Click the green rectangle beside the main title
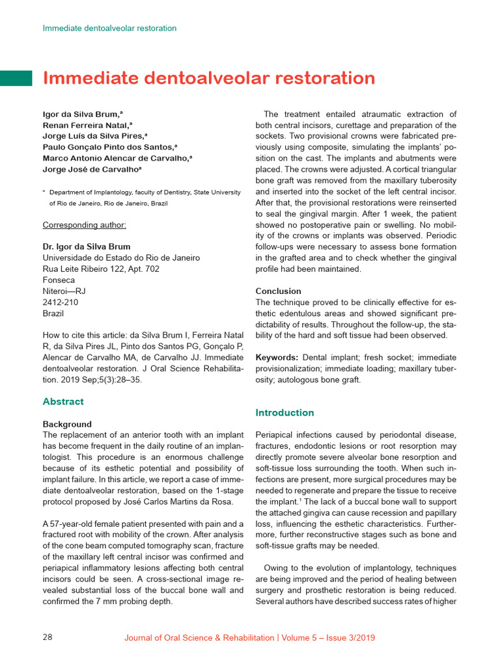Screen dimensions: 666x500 (16, 78)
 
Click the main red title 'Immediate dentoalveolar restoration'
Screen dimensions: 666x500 (208, 78)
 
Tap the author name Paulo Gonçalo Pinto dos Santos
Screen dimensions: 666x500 (109, 147)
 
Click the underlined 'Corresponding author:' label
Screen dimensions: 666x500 (84, 225)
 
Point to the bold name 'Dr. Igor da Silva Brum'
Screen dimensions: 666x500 (86, 246)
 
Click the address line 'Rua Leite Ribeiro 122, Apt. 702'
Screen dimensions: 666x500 (100, 269)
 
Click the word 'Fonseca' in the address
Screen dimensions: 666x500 (59, 280)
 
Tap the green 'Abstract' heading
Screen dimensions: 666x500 (63, 402)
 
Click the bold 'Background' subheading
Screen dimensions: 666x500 (67, 424)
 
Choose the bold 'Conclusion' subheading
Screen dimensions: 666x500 (278, 291)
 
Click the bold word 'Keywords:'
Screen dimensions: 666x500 (277, 358)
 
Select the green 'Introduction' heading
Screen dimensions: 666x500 (285, 413)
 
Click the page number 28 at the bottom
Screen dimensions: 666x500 (48, 637)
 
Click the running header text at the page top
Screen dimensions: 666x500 (109, 28)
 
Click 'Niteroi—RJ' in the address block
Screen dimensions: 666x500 (64, 291)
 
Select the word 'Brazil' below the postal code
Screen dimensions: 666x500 (53, 313)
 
